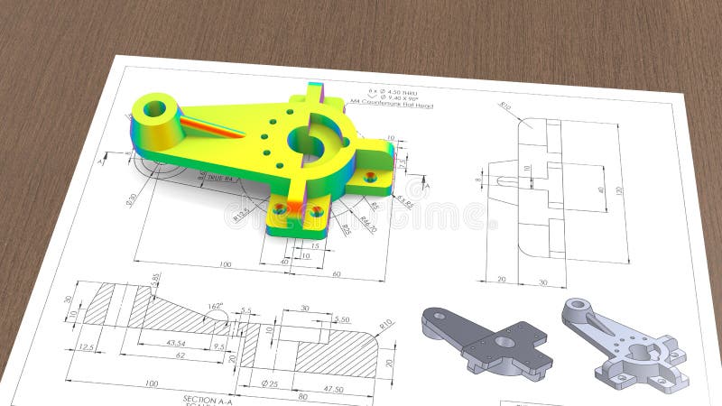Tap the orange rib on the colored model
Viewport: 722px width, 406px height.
pos(213,126)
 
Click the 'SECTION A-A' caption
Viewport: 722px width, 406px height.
pos(212,398)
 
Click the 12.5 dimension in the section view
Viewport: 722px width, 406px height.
pos(87,346)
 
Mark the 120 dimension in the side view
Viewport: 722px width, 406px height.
pos(619,190)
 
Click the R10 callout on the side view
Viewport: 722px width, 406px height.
pos(505,106)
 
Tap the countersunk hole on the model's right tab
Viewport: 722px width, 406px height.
pos(370,177)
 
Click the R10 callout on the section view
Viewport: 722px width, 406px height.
pos(386,323)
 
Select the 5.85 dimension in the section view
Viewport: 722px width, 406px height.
pos(155,279)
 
